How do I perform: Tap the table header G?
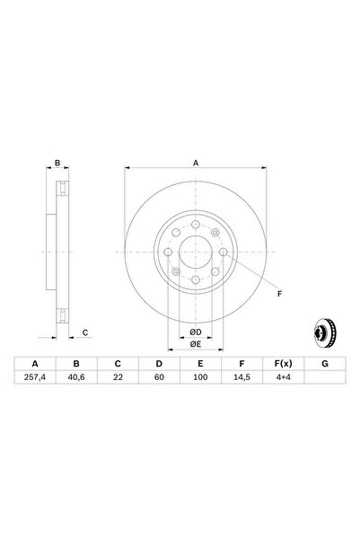(x=323, y=365)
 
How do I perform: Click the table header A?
(x=36, y=365)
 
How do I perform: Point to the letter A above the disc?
(x=196, y=164)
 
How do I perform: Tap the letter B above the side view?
(x=57, y=164)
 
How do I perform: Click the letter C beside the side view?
(x=84, y=333)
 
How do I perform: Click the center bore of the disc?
(x=196, y=253)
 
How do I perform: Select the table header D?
(x=159, y=365)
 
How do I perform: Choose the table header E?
(x=200, y=365)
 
